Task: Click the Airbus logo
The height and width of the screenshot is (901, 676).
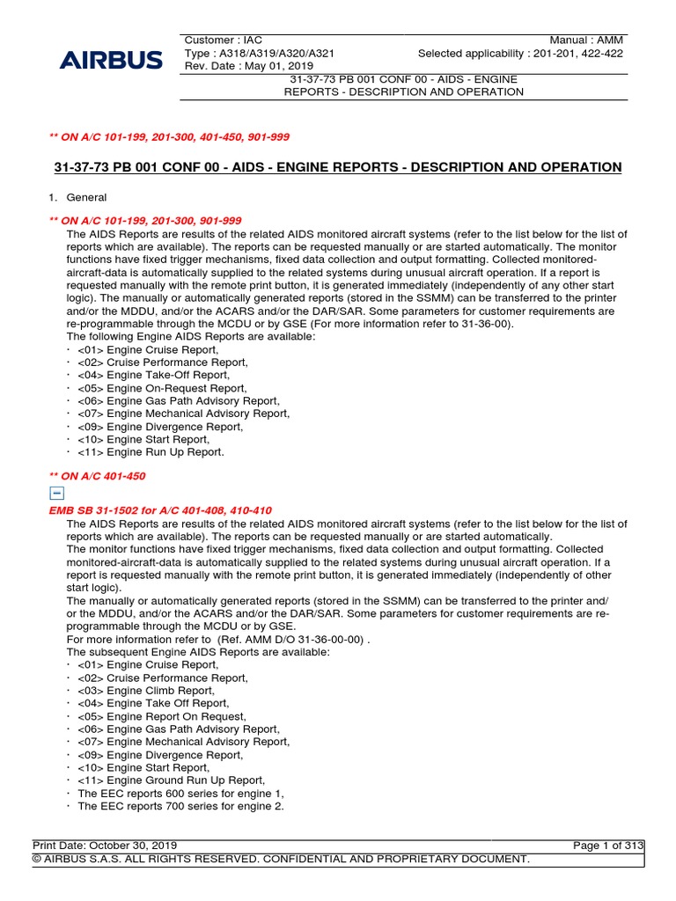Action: [111, 61]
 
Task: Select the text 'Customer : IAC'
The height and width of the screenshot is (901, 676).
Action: [224, 40]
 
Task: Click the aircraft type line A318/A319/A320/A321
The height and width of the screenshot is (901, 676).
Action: [260, 54]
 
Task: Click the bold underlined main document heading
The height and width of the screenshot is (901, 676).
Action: [338, 167]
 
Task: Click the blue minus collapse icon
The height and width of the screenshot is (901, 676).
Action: [57, 494]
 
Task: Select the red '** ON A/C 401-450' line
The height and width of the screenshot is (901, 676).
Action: [97, 476]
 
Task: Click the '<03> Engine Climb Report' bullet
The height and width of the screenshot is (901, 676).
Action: [145, 691]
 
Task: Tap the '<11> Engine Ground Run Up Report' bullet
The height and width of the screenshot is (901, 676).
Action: [171, 780]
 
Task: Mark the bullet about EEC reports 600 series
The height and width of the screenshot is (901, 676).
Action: [180, 793]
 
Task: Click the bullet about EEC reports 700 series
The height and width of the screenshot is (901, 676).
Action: [180, 806]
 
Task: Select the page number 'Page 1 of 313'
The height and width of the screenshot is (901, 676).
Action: [607, 846]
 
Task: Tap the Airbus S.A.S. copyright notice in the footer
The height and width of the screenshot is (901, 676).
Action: [282, 859]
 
